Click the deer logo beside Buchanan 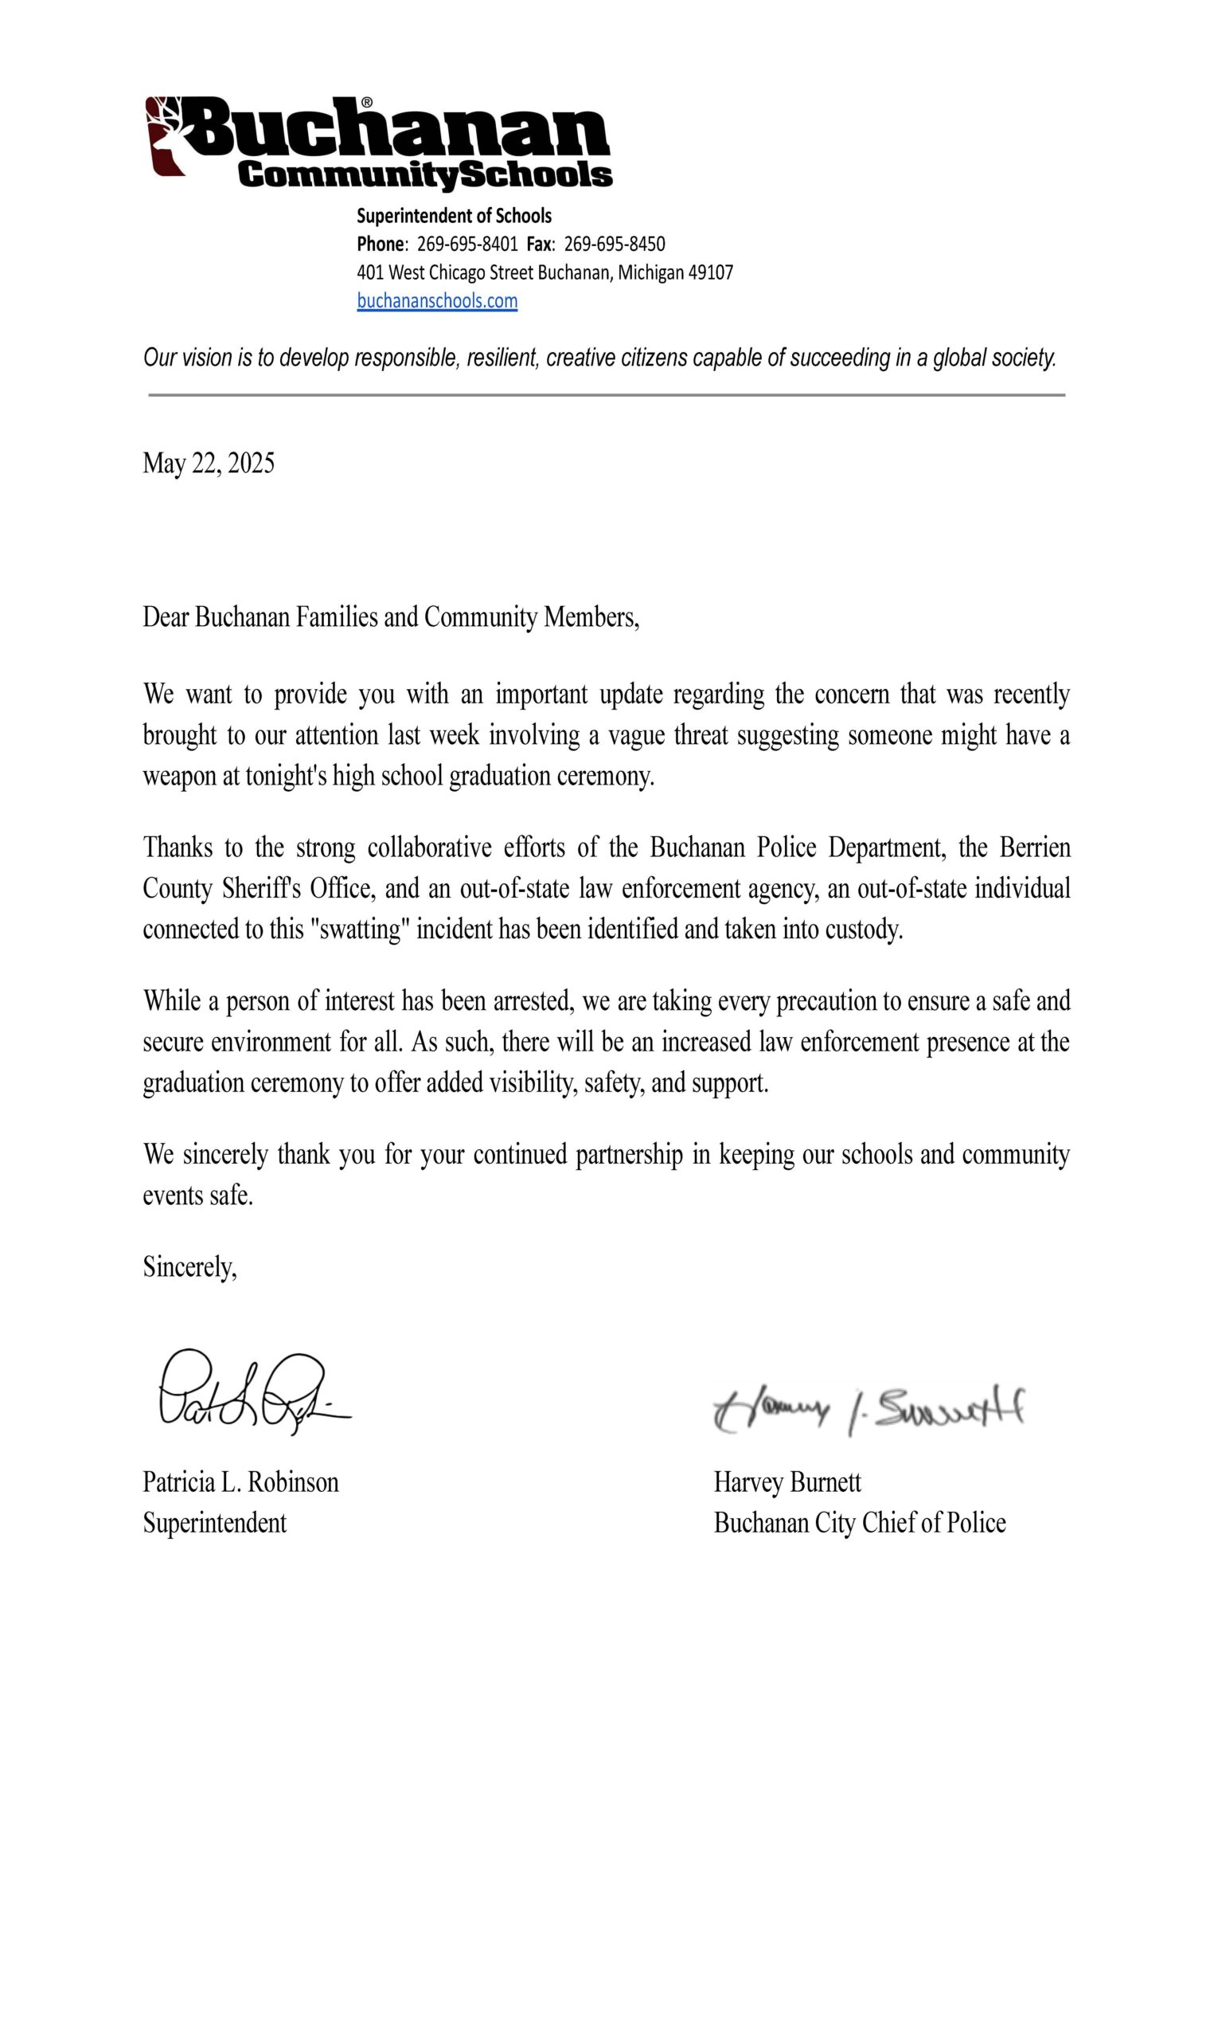[x=167, y=135]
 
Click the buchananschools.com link [x=437, y=301]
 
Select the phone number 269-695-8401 [x=467, y=244]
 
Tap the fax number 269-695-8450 [x=615, y=244]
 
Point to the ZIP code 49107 [x=710, y=272]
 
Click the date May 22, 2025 [x=209, y=463]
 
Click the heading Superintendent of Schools [x=454, y=216]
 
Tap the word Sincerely [x=189, y=1266]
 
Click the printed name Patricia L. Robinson [x=240, y=1481]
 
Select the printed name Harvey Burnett [x=787, y=1481]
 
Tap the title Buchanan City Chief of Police [x=859, y=1523]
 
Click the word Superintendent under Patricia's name [x=214, y=1523]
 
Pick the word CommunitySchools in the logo [x=425, y=174]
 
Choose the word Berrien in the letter [x=1035, y=847]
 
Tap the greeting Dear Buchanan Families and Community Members [x=391, y=617]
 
